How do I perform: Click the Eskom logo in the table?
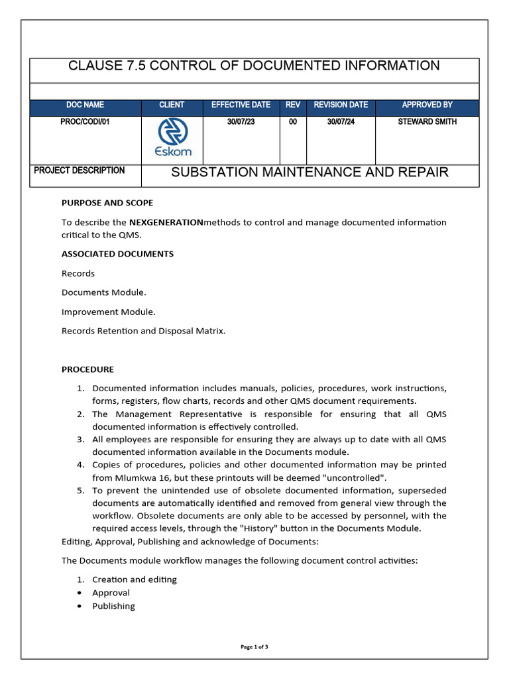click(172, 138)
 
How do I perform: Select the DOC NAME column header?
click(85, 105)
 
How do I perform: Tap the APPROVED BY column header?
click(427, 105)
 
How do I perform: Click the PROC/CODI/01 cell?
click(85, 122)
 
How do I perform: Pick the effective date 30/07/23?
click(241, 122)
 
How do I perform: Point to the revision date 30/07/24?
click(341, 122)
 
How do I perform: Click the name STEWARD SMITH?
click(427, 122)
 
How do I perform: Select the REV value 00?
click(293, 122)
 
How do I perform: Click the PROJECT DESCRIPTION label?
click(80, 170)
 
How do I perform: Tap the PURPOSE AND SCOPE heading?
click(107, 203)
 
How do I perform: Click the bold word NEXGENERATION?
click(166, 222)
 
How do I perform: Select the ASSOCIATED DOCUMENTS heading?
click(118, 254)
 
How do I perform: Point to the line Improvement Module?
click(109, 312)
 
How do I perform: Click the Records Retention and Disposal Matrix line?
click(143, 331)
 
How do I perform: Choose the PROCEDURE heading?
click(87, 369)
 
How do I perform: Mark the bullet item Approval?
click(111, 593)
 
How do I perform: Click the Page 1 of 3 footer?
click(254, 647)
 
